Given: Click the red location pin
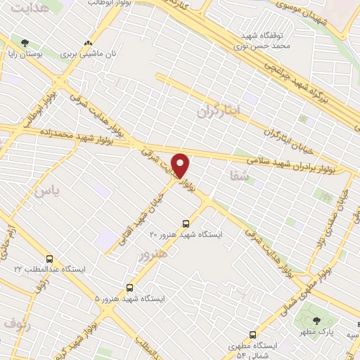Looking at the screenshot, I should pos(181,165).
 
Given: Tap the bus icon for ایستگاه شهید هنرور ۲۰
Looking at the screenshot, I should pos(186,222).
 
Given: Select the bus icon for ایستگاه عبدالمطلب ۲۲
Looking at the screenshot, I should pos(49,259).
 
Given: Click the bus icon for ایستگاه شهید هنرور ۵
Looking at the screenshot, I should pos(129,288).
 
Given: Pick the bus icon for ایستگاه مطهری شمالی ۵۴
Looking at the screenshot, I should pos(252,335).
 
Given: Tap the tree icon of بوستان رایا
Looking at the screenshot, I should pos(25,43).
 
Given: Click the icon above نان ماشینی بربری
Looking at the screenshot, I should pos(88,43).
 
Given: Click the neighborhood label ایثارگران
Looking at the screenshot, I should pos(219,110).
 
